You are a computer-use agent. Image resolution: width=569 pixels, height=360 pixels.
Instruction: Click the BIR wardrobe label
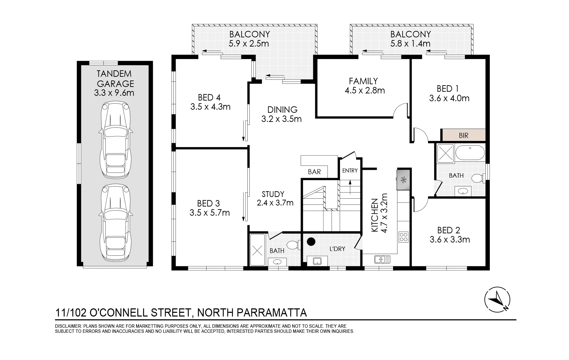(463, 135)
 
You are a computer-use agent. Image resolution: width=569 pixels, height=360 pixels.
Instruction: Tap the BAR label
(314, 172)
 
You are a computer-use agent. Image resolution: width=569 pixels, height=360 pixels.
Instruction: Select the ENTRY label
(350, 170)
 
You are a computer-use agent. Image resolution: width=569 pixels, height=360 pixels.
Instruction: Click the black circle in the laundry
(311, 242)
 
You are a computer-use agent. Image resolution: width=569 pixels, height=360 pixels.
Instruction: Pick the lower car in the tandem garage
(115, 222)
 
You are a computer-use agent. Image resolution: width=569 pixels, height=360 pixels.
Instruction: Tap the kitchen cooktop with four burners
(404, 237)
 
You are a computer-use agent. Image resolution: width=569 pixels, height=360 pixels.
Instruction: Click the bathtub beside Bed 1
(470, 152)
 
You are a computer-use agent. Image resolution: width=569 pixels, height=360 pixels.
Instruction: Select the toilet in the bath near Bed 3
(293, 245)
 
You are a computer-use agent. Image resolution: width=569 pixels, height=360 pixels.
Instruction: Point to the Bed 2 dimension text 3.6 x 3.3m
(449, 239)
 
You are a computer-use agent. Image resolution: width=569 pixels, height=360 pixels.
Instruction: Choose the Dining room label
(282, 109)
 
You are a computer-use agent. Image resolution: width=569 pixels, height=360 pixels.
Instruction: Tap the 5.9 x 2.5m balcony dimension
(249, 43)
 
